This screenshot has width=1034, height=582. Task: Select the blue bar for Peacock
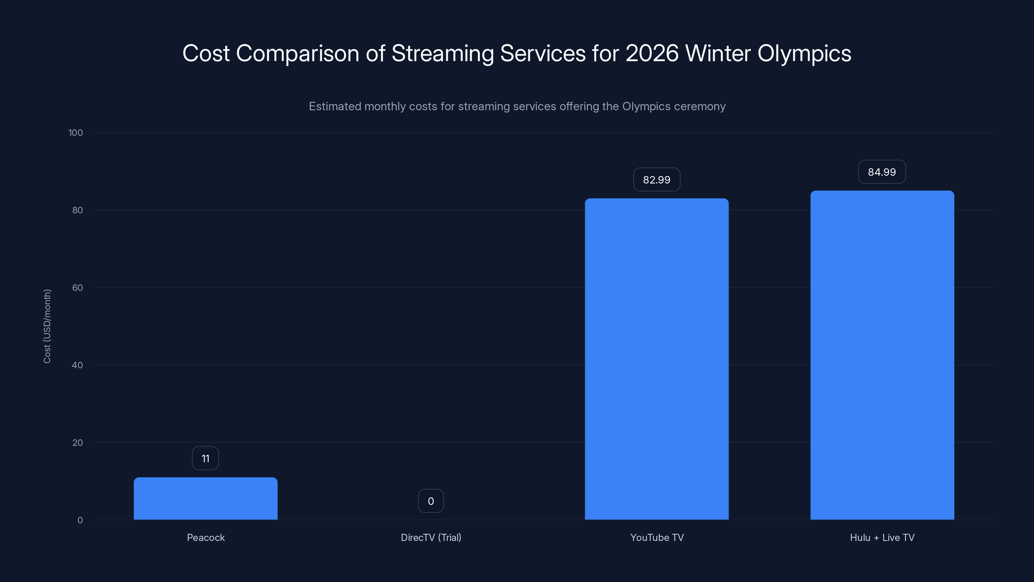tap(206, 499)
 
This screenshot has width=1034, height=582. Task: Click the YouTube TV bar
tap(657, 359)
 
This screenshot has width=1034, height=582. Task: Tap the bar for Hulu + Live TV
tap(882, 355)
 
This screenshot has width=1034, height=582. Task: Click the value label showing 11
tap(206, 458)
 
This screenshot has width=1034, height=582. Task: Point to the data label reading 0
tap(431, 501)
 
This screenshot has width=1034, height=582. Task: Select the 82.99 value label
tap(657, 179)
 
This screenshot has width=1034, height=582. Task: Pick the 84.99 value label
tap(882, 172)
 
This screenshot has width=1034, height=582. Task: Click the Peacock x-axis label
tap(206, 537)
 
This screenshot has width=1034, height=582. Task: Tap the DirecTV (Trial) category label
tap(431, 537)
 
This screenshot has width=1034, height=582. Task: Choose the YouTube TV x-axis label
tap(657, 537)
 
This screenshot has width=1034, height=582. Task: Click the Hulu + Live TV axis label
tap(882, 537)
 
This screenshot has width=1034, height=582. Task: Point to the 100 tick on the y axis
tap(76, 133)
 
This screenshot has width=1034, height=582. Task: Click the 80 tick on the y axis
tap(77, 210)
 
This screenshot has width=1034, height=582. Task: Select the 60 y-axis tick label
tap(77, 287)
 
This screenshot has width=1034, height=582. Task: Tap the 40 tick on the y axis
tap(77, 365)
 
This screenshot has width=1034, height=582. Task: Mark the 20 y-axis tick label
tap(77, 443)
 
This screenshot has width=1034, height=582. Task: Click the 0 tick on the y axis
tap(80, 520)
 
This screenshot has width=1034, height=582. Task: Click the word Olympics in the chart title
tap(804, 53)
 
